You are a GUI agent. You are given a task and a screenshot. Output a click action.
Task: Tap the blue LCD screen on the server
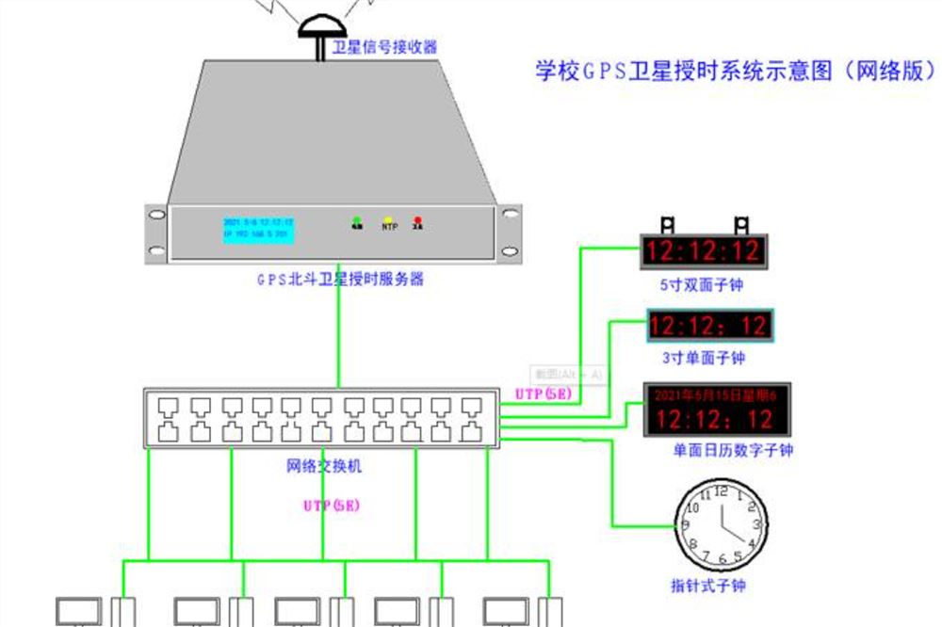(x=258, y=229)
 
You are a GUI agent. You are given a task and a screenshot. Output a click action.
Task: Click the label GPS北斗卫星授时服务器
(x=341, y=280)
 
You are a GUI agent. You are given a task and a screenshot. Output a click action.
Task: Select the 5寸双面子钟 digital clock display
(x=704, y=251)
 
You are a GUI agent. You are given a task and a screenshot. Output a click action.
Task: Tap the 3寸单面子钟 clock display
(x=709, y=327)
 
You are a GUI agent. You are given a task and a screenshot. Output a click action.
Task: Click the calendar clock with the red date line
(x=717, y=410)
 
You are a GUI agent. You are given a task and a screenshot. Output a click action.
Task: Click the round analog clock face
(x=723, y=522)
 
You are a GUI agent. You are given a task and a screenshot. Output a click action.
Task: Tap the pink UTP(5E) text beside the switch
(x=544, y=394)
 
